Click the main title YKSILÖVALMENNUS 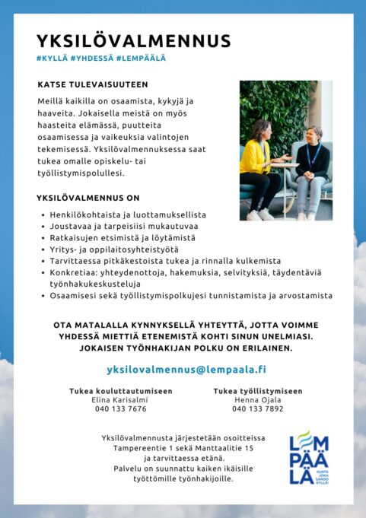[133, 41]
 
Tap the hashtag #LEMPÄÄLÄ [142, 58]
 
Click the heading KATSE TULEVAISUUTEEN [92, 84]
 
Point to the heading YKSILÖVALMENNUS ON [88, 197]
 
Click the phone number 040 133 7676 [120, 408]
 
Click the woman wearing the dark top [310, 167]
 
